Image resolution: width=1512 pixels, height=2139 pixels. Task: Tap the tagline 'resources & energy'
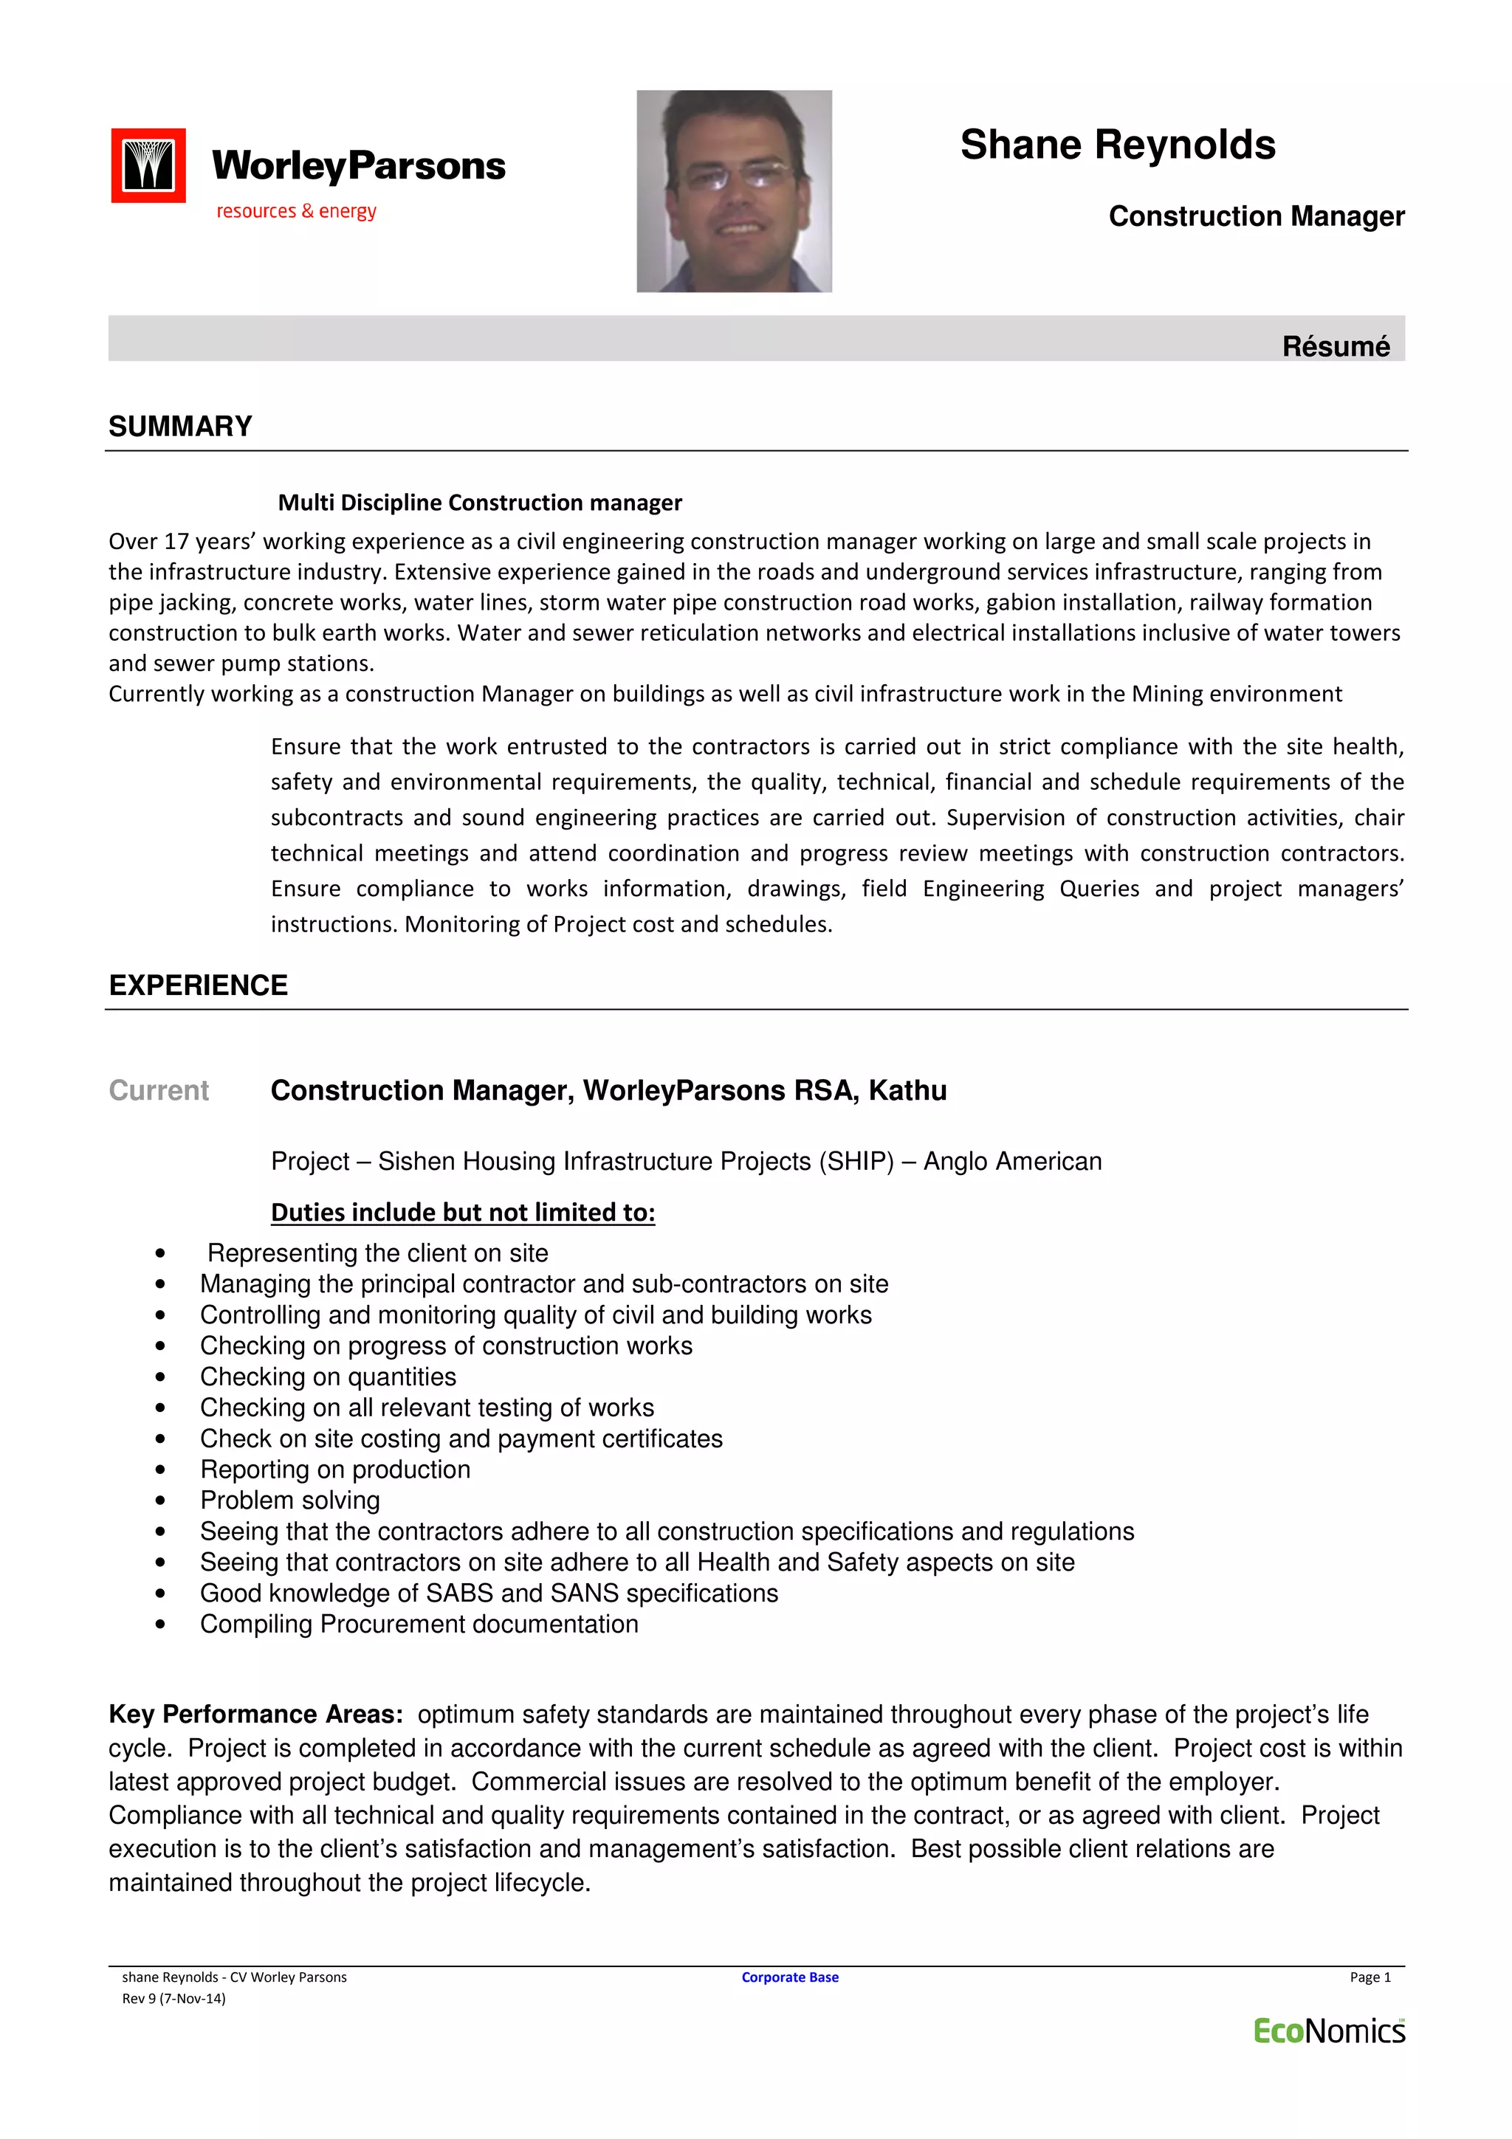(x=296, y=212)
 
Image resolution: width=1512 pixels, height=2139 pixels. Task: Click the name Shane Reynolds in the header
(x=1117, y=145)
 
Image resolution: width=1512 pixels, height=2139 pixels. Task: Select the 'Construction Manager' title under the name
(x=1256, y=216)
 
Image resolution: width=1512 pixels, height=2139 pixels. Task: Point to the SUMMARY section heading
(x=180, y=427)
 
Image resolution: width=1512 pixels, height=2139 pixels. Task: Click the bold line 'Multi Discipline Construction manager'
(x=480, y=503)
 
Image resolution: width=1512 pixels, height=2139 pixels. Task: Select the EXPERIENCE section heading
(x=198, y=985)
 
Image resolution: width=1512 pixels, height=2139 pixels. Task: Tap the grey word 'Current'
(x=159, y=1091)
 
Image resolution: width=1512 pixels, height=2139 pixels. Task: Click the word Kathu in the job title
(x=907, y=1091)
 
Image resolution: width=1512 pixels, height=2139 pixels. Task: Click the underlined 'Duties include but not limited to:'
(x=463, y=1212)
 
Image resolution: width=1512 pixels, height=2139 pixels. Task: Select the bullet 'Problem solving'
(x=289, y=1500)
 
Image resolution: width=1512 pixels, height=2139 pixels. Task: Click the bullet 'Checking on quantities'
(x=328, y=1377)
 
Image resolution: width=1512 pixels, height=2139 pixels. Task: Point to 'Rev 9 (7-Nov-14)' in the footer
(x=173, y=1998)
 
